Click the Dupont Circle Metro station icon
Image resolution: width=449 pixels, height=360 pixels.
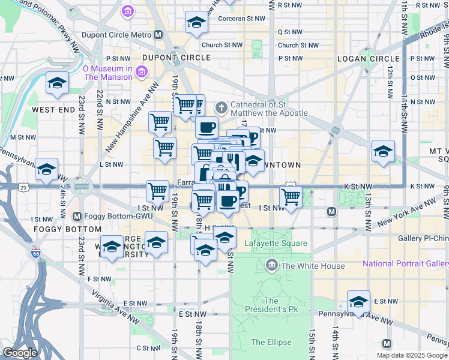click(x=158, y=35)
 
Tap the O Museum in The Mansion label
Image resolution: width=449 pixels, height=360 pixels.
click(x=108, y=73)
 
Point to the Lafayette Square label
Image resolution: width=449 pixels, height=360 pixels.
click(x=276, y=243)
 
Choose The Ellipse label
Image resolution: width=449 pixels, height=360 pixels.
click(x=271, y=343)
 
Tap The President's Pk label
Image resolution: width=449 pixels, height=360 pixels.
click(x=271, y=305)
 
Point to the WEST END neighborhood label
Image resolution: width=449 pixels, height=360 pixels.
click(x=53, y=110)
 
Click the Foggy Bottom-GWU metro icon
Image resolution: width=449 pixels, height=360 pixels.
click(x=77, y=216)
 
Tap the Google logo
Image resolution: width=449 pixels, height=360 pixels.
click(x=20, y=353)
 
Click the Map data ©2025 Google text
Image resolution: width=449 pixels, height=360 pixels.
click(x=412, y=355)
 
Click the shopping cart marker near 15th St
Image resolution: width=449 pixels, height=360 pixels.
click(x=291, y=197)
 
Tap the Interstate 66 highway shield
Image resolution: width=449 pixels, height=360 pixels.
click(x=37, y=254)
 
